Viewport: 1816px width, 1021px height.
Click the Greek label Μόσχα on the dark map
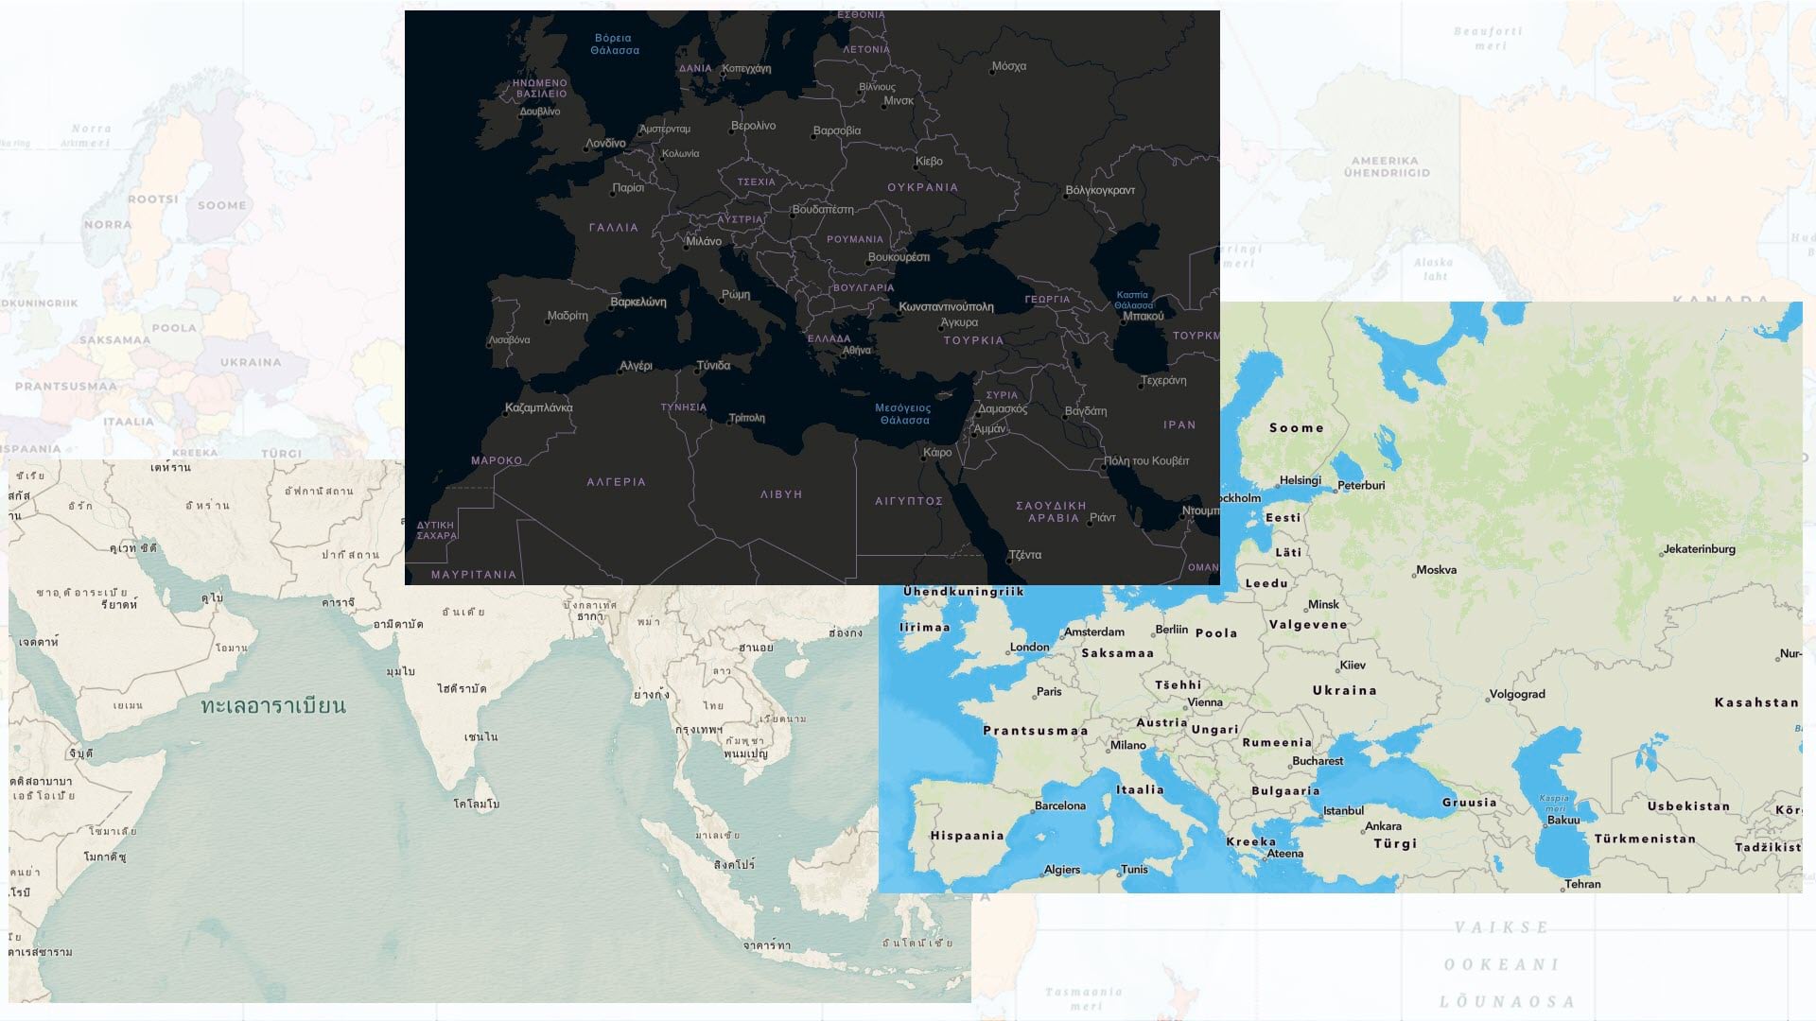click(1009, 67)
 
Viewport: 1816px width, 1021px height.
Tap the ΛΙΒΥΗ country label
click(781, 494)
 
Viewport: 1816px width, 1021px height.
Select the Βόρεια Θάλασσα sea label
click(615, 44)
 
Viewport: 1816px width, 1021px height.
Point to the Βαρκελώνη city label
click(638, 303)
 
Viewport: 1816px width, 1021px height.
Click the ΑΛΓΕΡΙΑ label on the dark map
click(616, 482)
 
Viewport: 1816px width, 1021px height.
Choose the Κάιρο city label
click(937, 453)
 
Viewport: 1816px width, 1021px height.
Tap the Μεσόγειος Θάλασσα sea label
click(903, 414)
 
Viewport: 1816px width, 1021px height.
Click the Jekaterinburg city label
click(1700, 549)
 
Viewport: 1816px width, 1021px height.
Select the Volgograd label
click(1517, 695)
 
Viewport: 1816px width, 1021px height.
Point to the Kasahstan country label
click(1756, 702)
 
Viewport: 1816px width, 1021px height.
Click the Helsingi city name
click(1300, 480)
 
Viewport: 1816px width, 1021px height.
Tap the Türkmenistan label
click(1645, 839)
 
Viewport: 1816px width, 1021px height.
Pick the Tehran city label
click(1582, 884)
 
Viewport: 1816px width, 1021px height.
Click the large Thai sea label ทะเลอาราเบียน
click(273, 705)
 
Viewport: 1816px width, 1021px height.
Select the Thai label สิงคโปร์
click(734, 864)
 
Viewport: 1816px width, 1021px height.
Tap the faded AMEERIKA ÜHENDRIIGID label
click(1387, 167)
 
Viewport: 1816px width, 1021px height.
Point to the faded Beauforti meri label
click(1489, 38)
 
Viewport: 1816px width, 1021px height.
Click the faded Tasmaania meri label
click(1084, 998)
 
